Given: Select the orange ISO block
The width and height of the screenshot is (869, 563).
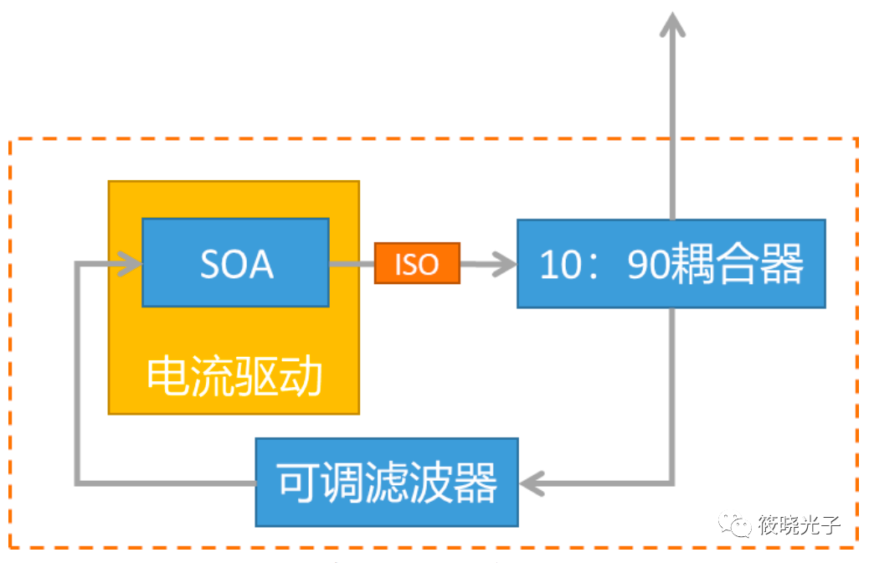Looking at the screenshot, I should (417, 264).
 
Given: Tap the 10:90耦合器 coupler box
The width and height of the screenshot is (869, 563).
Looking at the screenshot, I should (671, 263).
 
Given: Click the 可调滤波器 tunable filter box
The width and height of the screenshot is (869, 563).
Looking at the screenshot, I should (386, 482).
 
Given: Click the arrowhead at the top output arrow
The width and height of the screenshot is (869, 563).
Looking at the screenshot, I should (671, 25).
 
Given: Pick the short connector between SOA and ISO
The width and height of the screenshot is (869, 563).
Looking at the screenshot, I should (351, 264).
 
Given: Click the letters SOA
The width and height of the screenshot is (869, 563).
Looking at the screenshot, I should (236, 264).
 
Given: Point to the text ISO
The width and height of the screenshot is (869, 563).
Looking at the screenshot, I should (417, 264).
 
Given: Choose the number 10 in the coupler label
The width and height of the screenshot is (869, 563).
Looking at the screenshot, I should (562, 264).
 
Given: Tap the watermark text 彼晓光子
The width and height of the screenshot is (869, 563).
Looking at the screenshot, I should (799, 526).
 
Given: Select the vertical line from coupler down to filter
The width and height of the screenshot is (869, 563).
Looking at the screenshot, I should (671, 394).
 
